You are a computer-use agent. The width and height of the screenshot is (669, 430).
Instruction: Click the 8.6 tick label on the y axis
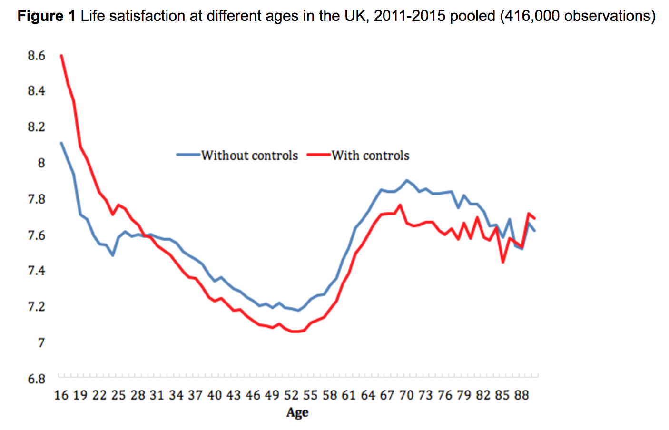[x=37, y=56]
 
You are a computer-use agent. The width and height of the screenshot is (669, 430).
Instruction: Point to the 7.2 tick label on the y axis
[x=37, y=306]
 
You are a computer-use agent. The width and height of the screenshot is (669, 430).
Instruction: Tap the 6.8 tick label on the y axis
[x=37, y=379]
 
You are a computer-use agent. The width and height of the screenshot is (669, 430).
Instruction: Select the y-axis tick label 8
[x=41, y=163]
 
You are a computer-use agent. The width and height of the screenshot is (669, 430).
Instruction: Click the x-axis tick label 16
[x=61, y=395]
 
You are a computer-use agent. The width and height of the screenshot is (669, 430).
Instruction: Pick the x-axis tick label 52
[x=291, y=395]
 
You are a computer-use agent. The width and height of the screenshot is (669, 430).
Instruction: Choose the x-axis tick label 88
[x=521, y=395]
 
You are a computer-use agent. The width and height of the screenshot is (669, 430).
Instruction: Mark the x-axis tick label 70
[x=406, y=395]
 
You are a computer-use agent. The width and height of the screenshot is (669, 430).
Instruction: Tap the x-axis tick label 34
[x=176, y=395]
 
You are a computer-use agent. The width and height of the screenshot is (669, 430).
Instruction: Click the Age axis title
[x=297, y=413]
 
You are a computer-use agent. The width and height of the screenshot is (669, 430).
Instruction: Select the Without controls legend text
[x=249, y=156]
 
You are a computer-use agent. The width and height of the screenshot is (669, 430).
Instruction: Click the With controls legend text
[x=370, y=156]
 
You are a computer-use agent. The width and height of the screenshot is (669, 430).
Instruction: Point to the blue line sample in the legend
[x=188, y=155]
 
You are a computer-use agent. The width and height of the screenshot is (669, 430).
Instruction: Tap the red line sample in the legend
[x=318, y=155]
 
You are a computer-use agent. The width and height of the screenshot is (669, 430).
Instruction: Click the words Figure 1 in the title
[x=46, y=16]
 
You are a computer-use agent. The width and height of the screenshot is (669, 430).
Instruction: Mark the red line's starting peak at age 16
[x=61, y=56]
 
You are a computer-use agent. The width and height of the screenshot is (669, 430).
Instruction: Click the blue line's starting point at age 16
[x=61, y=143]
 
